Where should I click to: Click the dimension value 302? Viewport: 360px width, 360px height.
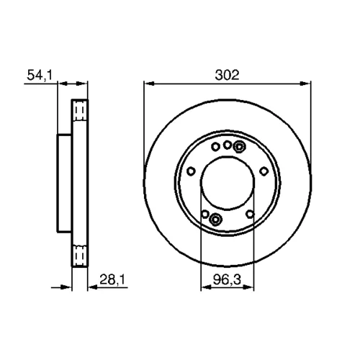pos(227,75)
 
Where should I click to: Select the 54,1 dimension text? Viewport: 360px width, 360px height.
pos(40,75)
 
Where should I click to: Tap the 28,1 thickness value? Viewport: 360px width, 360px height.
pos(112,279)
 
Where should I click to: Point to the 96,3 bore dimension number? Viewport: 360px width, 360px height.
pos(227,279)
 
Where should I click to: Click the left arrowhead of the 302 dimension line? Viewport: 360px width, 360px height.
pos(149,84)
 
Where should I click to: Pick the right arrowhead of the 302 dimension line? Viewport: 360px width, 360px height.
pos(305,84)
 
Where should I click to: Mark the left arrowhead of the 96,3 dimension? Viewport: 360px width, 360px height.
pos(206,287)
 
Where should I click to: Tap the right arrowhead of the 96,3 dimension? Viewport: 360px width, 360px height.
pos(248,287)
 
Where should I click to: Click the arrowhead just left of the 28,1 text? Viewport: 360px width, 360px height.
pos(93,287)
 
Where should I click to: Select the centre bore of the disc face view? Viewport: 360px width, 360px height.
pos(227,183)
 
